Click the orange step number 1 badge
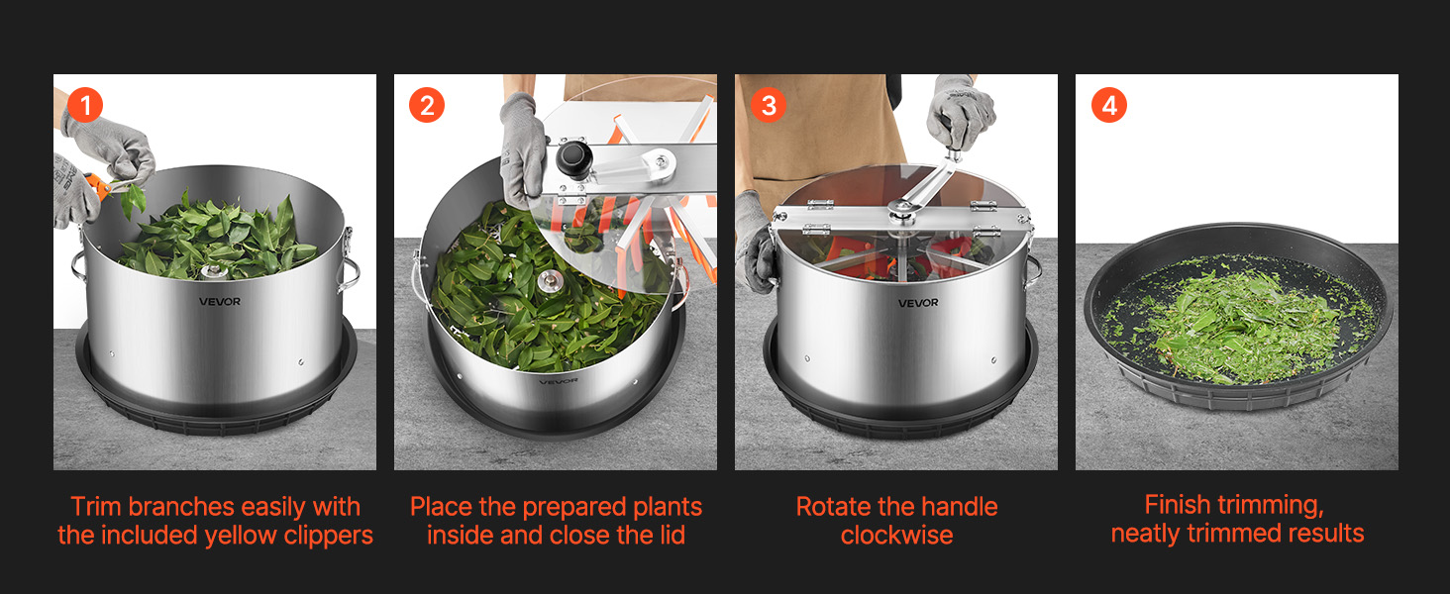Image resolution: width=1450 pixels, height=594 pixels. point(85,105)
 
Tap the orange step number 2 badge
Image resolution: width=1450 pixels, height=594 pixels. point(427,105)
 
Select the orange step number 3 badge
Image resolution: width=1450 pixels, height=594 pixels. point(769,105)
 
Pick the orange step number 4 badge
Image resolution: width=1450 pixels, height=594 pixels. point(1109,105)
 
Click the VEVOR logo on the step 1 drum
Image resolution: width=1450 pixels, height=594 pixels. point(220,302)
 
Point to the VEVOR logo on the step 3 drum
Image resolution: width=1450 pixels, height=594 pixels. point(918,303)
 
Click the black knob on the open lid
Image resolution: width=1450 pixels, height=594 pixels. point(574,158)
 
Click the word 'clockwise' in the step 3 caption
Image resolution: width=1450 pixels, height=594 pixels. point(896,536)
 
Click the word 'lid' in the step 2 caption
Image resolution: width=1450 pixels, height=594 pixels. point(671,536)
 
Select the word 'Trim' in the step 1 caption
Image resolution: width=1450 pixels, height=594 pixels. point(96,507)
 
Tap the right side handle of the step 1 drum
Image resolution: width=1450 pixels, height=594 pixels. point(350,268)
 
